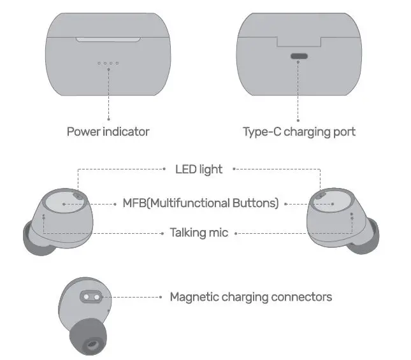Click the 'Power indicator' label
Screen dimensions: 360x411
tap(108, 132)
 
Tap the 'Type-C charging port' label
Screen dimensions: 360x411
tap(299, 132)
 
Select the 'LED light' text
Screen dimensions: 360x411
tap(199, 169)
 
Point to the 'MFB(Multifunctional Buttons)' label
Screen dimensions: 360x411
tap(201, 203)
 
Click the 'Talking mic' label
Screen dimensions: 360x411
tap(199, 233)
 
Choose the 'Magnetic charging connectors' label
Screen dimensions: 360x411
tap(250, 297)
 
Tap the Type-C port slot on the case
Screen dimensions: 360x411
tap(299, 56)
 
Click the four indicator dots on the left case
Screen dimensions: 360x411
tap(108, 63)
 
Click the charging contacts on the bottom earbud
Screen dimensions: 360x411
tap(92, 297)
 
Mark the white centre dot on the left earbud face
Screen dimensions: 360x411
tap(65, 204)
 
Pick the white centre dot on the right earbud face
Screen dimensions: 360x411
tap(333, 204)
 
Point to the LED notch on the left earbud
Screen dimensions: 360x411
tap(77, 195)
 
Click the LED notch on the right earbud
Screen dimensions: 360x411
tap(321, 195)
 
